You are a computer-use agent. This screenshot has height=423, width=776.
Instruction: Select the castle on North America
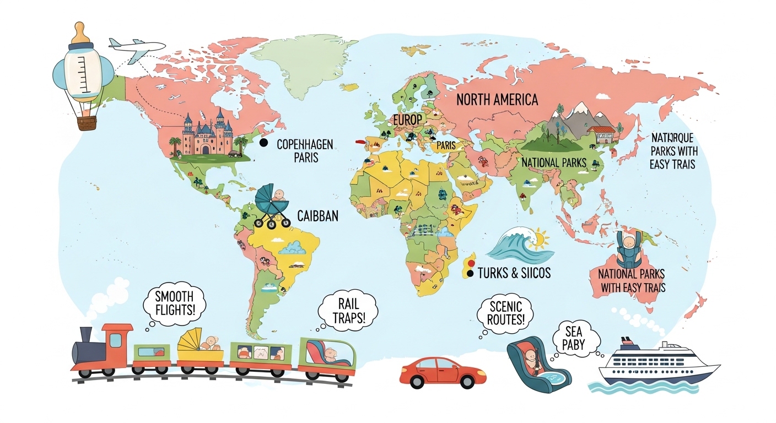[x=207, y=135]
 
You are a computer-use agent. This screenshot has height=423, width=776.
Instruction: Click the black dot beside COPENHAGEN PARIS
[x=263, y=143]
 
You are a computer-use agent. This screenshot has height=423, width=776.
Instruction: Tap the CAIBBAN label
[x=318, y=215]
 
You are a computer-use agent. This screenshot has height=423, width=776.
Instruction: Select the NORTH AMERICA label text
[x=497, y=100]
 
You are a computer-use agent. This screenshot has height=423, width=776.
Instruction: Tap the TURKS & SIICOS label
[x=514, y=273]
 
